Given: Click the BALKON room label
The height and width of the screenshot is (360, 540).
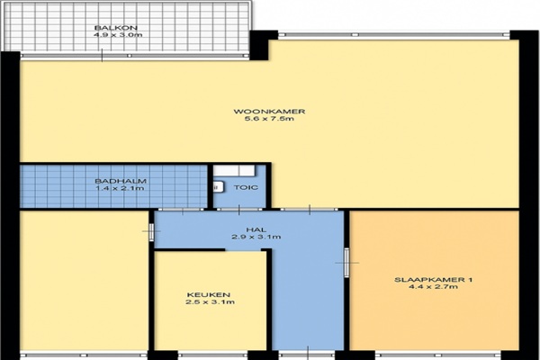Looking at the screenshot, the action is tap(116, 28).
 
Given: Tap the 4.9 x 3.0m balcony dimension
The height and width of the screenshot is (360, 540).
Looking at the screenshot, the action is tap(118, 35).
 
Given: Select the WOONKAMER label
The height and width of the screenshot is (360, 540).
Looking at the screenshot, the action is tap(269, 112).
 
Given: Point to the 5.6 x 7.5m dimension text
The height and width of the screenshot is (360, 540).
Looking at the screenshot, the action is tap(269, 119).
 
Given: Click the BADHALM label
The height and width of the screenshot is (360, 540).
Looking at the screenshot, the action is tap(121, 181).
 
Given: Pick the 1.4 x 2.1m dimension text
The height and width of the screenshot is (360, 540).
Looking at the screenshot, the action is tap(120, 188).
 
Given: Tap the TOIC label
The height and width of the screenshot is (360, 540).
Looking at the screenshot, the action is tap(246, 187).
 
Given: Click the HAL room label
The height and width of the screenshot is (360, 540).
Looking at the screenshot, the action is tap(256, 229).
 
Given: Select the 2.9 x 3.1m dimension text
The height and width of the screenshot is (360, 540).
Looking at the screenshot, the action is tap(256, 237).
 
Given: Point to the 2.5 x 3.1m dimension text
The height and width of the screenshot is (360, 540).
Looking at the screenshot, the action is tap(210, 302).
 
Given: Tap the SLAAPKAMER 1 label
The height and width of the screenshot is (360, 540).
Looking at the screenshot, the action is tap(433, 279).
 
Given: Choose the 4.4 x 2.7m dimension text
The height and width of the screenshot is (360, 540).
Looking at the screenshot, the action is tap(433, 286).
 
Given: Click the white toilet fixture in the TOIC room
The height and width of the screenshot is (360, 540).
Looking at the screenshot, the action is tap(218, 187).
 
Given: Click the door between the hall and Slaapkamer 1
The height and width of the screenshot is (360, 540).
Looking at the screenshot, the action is tap(346, 263).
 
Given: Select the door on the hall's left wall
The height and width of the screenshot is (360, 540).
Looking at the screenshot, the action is tap(151, 230).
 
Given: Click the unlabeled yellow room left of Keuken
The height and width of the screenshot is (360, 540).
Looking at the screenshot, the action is tap(84, 281).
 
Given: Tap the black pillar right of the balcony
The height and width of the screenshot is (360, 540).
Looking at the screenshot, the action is tap(264, 45).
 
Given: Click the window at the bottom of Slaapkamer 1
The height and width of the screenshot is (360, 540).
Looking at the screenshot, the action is tap(437, 355).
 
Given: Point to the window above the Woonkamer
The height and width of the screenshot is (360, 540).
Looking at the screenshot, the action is tap(394, 35).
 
